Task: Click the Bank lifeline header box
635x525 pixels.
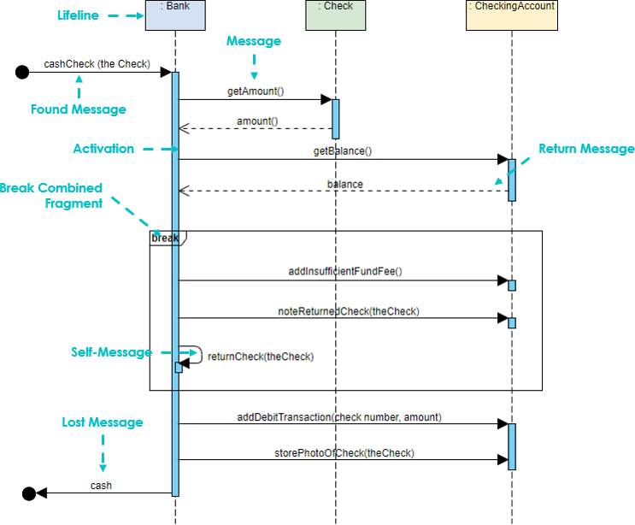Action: pyautogui.click(x=174, y=15)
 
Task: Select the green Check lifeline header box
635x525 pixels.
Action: pyautogui.click(x=335, y=15)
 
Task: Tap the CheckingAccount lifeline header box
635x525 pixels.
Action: pyautogui.click(x=511, y=15)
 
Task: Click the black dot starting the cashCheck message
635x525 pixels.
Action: pyautogui.click(x=22, y=73)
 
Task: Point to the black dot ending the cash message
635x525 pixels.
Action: pyautogui.click(x=28, y=493)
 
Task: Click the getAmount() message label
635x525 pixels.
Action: pyautogui.click(x=255, y=91)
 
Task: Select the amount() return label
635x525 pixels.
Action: pyautogui.click(x=256, y=121)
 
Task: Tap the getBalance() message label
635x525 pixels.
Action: pyautogui.click(x=342, y=150)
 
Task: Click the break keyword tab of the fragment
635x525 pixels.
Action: pyautogui.click(x=166, y=238)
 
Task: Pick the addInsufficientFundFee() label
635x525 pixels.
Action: pyautogui.click(x=344, y=271)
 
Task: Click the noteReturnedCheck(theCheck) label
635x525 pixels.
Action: pyautogui.click(x=349, y=310)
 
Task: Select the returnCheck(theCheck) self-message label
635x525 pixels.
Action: pyautogui.click(x=261, y=357)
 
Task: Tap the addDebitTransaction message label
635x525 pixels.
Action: pyautogui.click(x=338, y=416)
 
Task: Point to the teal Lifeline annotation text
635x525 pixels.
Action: pyautogui.click(x=78, y=15)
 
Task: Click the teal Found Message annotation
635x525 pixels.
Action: pyautogui.click(x=78, y=109)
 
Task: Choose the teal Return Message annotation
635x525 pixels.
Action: pyautogui.click(x=586, y=150)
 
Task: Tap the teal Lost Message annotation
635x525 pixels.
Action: pyautogui.click(x=102, y=422)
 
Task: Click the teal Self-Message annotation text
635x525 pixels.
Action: pyautogui.click(x=111, y=352)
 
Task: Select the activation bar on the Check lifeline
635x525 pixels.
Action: pyautogui.click(x=336, y=119)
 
